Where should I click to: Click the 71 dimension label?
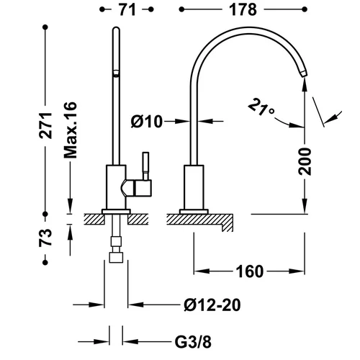click(x=127, y=10)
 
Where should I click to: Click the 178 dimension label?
click(x=243, y=10)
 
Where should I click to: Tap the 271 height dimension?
click(x=45, y=125)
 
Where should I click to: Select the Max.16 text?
click(x=71, y=130)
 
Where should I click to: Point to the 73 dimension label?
click(x=45, y=238)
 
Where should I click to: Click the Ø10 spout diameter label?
click(x=147, y=122)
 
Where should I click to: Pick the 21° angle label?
click(x=261, y=107)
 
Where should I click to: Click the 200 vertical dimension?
click(x=305, y=161)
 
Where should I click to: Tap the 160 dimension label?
click(x=250, y=271)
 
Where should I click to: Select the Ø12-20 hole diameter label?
click(x=212, y=305)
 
